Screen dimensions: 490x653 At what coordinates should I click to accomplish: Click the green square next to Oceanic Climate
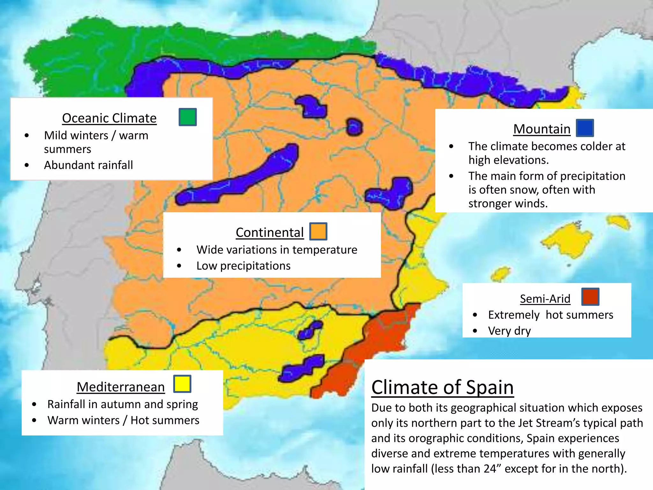tap(187, 117)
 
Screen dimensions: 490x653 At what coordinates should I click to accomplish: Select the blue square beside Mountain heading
tap(585, 128)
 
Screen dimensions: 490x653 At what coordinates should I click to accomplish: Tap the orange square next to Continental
tap(318, 231)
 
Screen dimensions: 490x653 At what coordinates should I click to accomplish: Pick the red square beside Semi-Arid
tap(590, 297)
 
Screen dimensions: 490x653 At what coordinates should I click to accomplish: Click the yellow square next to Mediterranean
tap(182, 384)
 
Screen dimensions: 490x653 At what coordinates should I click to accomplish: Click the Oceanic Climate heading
tap(109, 118)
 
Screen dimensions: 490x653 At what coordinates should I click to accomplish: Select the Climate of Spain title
tap(442, 387)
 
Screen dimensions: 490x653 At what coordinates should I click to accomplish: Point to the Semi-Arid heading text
tap(545, 299)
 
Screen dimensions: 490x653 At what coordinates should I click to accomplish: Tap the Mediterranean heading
tap(121, 387)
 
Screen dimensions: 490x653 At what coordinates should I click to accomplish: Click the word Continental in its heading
tap(269, 232)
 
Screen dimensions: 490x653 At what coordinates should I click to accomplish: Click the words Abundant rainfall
tap(88, 165)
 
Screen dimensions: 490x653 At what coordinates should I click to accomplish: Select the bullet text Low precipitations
tap(243, 266)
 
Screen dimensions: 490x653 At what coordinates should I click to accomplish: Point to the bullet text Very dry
tap(509, 331)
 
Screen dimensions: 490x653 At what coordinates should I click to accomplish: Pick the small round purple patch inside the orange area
tap(354, 127)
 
